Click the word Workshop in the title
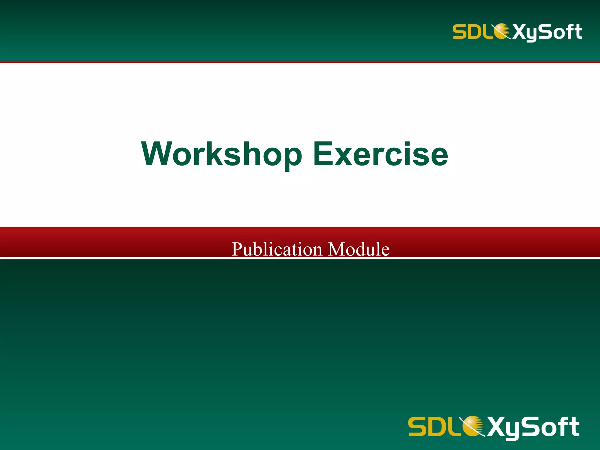[x=221, y=154]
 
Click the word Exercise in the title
[x=380, y=154]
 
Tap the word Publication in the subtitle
[x=277, y=249]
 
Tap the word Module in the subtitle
[x=359, y=249]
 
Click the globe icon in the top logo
[x=502, y=31]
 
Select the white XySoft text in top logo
[x=547, y=32]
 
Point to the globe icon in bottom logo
[x=471, y=426]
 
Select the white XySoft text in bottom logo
[x=533, y=427]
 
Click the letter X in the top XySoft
[x=520, y=32]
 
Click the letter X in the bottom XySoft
[x=497, y=427]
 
